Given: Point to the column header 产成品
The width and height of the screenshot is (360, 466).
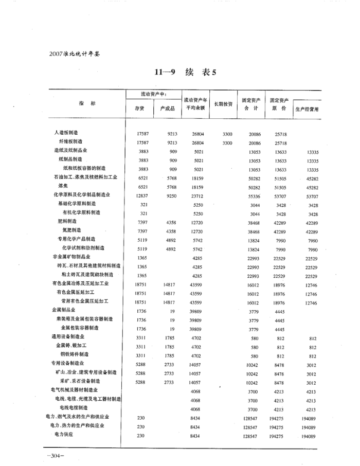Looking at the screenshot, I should coord(168,109).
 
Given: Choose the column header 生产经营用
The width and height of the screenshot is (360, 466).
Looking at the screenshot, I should coord(307,109).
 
